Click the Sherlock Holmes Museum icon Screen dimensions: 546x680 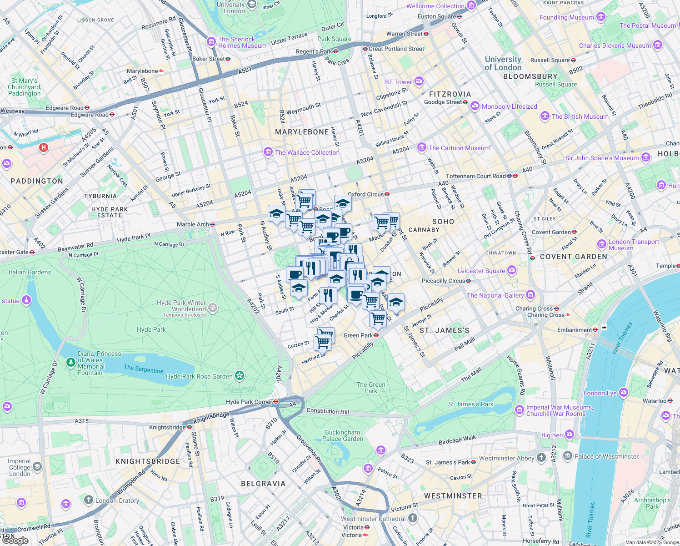point(211,42)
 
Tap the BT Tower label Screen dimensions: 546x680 point(398,82)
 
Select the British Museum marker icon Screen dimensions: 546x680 point(545,116)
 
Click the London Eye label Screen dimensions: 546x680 point(600,393)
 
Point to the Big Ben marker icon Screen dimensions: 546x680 point(570,435)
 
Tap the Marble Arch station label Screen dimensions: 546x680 point(193,224)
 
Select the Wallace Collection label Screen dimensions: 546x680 point(307,152)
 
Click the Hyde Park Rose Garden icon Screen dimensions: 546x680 point(240,376)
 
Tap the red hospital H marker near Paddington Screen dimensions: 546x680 point(44,148)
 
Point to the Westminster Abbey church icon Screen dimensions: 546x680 point(541,458)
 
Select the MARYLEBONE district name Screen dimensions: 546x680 point(302,132)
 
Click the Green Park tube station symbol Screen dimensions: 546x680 point(376,335)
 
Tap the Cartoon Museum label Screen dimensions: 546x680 point(459,148)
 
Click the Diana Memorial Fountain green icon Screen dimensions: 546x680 point(70,362)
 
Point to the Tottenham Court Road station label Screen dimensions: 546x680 point(476,176)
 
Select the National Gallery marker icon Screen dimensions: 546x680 point(530,295)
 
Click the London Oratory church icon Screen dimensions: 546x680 point(89,500)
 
